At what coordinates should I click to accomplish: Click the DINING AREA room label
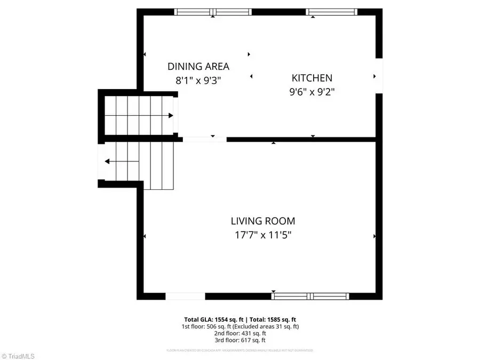pyautogui.click(x=198, y=67)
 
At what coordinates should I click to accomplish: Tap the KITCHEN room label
pyautogui.click(x=311, y=78)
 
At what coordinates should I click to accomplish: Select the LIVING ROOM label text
pyautogui.click(x=262, y=221)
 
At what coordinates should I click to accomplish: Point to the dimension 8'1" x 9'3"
pyautogui.click(x=198, y=81)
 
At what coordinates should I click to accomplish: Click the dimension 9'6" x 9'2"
pyautogui.click(x=311, y=92)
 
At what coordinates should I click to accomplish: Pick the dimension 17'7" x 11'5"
pyautogui.click(x=262, y=235)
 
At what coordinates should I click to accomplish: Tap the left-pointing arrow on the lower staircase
pyautogui.click(x=108, y=162)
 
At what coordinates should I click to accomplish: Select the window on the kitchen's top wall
pyautogui.click(x=331, y=12)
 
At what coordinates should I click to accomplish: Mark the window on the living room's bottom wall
pyautogui.click(x=310, y=296)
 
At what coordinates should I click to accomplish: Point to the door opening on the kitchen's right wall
pyautogui.click(x=379, y=76)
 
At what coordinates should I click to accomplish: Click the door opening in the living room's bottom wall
pyautogui.click(x=185, y=296)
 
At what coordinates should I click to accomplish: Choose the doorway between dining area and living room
pyautogui.click(x=204, y=139)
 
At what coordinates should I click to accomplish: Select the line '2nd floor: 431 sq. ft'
pyautogui.click(x=239, y=333)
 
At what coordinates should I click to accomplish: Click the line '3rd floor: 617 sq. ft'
pyautogui.click(x=239, y=340)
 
